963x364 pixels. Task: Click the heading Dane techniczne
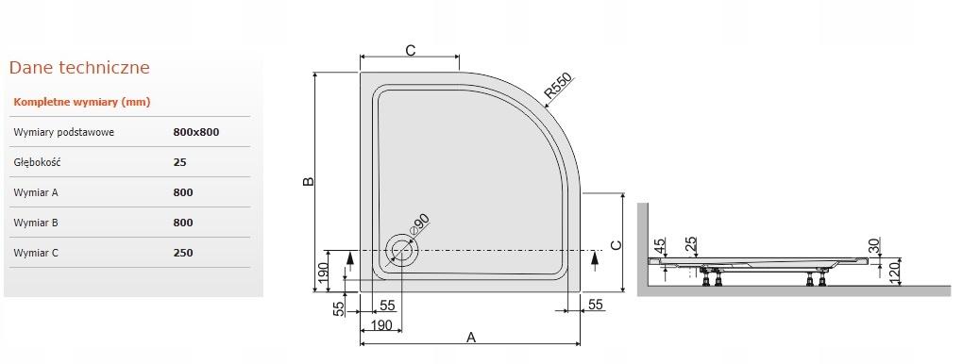[x=79, y=68]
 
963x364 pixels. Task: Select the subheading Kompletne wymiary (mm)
[x=82, y=102]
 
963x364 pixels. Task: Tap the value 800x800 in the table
[x=196, y=132]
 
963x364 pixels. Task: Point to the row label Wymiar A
[x=37, y=192]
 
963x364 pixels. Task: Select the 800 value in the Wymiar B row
[x=183, y=223]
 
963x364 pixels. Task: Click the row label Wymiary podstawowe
[x=64, y=132]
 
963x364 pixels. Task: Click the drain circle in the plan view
[x=403, y=251]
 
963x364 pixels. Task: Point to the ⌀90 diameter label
[x=419, y=225]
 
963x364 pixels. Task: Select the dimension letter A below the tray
[x=471, y=337]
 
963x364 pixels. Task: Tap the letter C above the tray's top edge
[x=410, y=51]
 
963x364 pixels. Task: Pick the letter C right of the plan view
[x=615, y=245]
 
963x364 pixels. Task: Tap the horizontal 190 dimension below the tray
[x=381, y=325]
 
